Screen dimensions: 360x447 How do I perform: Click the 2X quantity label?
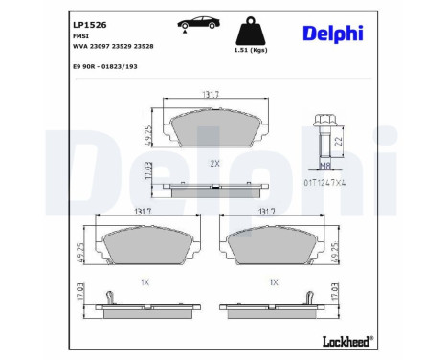[x=214, y=164]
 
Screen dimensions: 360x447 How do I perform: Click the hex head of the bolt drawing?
[x=325, y=123]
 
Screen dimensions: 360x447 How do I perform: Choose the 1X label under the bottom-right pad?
[x=274, y=283]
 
